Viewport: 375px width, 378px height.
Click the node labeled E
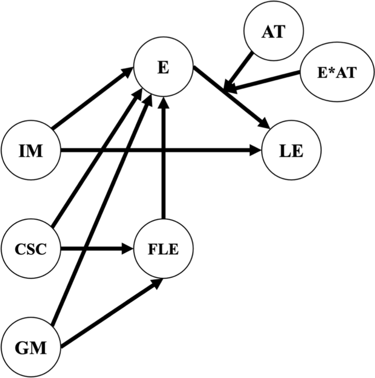(x=163, y=68)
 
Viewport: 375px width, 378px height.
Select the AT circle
(x=272, y=32)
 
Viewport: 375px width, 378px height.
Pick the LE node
(x=290, y=150)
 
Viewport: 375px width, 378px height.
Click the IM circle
(x=30, y=150)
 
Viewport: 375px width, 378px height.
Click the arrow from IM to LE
(x=159, y=150)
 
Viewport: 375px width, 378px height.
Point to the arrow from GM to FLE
(x=109, y=314)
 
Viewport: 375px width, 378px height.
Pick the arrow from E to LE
(x=230, y=99)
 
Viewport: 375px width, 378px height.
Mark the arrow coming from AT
(x=241, y=68)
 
